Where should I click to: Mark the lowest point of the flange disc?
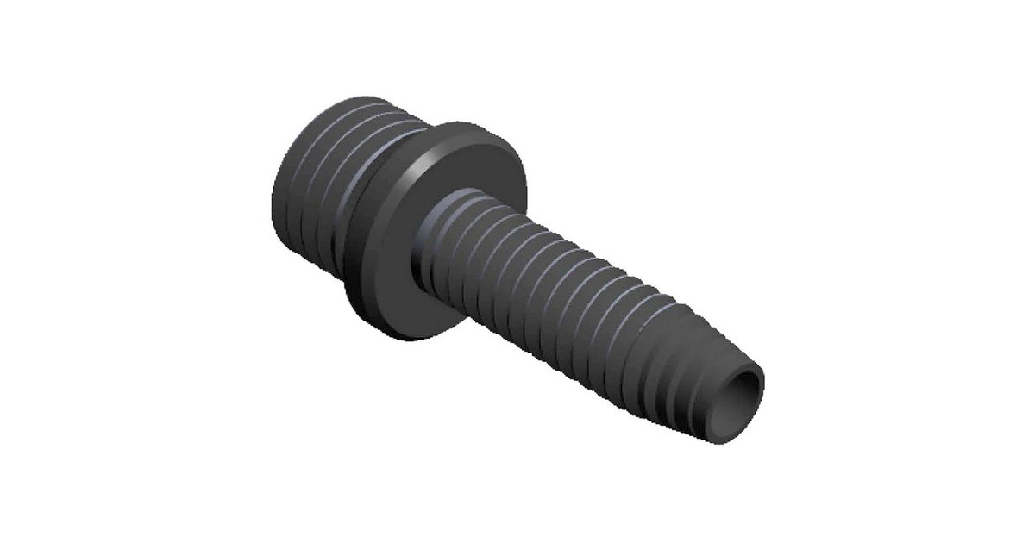405,338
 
